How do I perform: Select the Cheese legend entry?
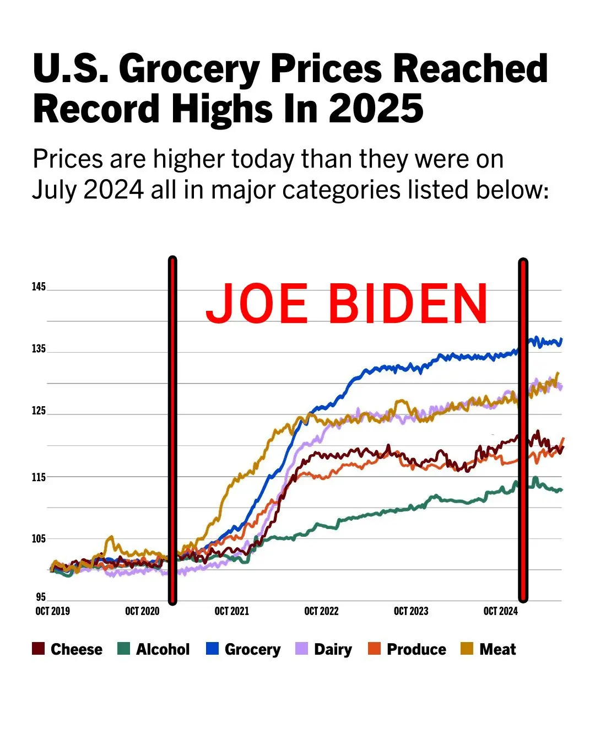(x=68, y=649)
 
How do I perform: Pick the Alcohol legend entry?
(x=154, y=649)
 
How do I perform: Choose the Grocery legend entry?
(x=244, y=649)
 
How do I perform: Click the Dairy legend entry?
(x=324, y=649)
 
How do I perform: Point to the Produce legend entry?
(x=407, y=649)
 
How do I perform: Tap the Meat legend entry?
(x=489, y=649)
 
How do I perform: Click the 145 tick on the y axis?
(x=39, y=287)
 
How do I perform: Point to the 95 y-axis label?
(x=41, y=597)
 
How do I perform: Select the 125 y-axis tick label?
(x=39, y=411)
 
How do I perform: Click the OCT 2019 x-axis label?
(x=53, y=611)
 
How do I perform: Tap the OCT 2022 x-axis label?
(x=321, y=611)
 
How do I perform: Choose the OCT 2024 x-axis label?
(x=500, y=611)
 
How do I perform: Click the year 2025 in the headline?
(x=376, y=108)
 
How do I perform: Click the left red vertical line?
(x=172, y=430)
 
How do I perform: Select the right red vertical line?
(x=523, y=430)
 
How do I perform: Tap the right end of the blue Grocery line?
(x=561, y=340)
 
